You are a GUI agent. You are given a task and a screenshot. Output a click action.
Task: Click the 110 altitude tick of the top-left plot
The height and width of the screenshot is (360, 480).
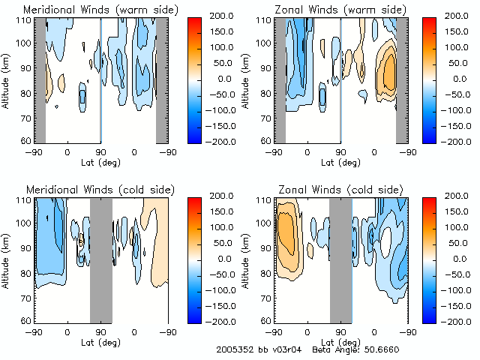[25, 19]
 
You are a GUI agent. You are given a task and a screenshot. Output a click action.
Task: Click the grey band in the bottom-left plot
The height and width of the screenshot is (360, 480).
[100, 259]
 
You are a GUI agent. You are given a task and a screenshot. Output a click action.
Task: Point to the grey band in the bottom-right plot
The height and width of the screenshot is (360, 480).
[340, 259]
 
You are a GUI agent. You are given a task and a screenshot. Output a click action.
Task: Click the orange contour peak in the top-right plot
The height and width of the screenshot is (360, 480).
[388, 73]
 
